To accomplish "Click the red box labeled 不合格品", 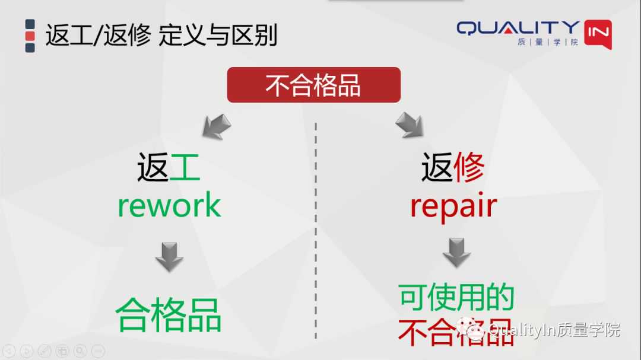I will [x=313, y=85].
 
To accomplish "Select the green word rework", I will [x=169, y=205].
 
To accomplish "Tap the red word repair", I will [x=453, y=206].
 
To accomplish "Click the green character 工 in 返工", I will [x=185, y=167].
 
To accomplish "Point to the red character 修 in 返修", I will [x=469, y=167].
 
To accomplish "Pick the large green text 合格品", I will [x=169, y=314].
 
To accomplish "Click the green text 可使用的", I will [x=456, y=297].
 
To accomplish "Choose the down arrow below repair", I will [x=456, y=253].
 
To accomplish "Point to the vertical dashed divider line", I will [x=315, y=231].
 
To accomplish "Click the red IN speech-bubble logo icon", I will [x=598, y=34].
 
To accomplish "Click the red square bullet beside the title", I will [x=30, y=36].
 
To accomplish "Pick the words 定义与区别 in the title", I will [x=218, y=36].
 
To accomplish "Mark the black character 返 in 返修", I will [x=437, y=167].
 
